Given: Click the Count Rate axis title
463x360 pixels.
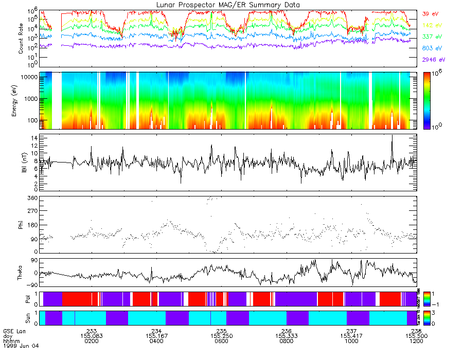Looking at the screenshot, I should tap(21, 39).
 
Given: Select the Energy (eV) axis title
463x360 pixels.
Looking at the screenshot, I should tap(21, 100).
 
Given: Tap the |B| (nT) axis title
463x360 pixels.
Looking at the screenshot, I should tap(21, 163).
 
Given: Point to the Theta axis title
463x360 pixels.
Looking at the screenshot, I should tap(21, 273).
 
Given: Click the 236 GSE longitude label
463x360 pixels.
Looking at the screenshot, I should tap(287, 331).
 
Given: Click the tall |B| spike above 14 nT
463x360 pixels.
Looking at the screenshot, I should tap(392, 136).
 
